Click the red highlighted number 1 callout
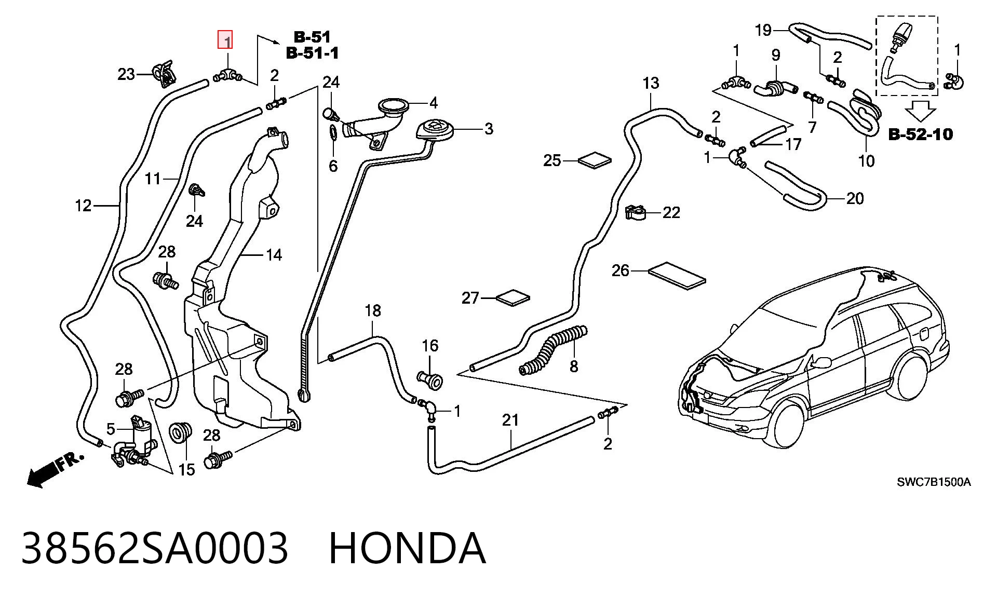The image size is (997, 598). pos(225,39)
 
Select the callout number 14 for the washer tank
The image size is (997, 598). pos(274,255)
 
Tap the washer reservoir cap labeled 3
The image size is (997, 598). pos(435,129)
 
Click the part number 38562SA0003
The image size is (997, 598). pos(154,548)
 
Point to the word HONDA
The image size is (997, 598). pos(408,548)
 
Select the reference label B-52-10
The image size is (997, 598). pos(921,134)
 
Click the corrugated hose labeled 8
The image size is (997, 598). pos(553,349)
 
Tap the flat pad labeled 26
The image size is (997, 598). pos(677,275)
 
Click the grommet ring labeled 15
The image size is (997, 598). pos(181,433)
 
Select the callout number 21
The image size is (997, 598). pos(510,420)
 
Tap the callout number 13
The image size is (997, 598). pos(651,83)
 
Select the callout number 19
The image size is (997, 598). pos(763,30)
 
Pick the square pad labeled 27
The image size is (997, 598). pos(513,298)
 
